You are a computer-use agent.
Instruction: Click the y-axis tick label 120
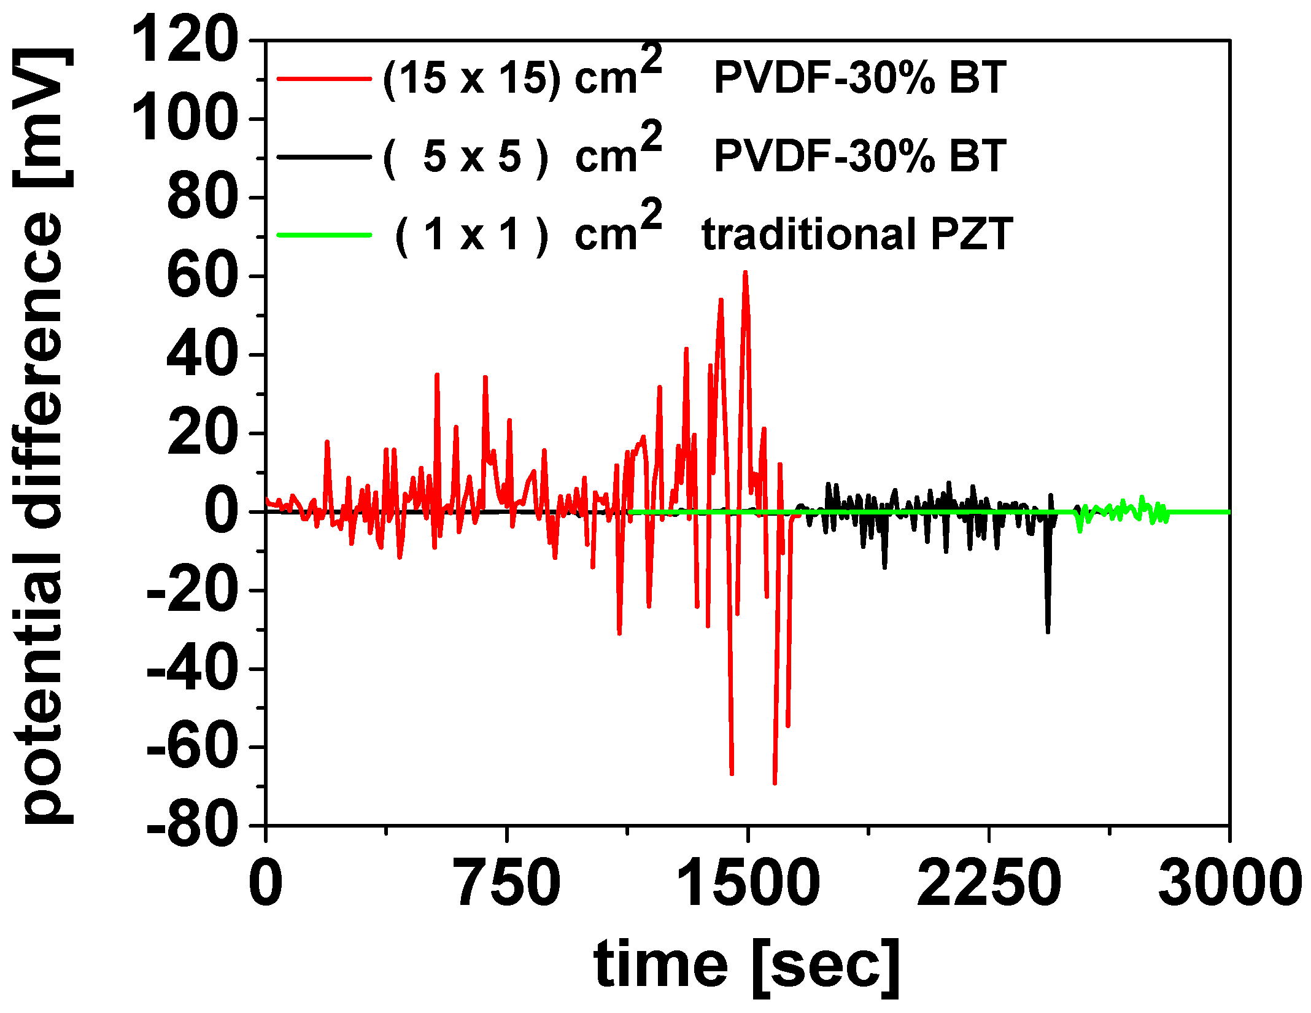click(x=185, y=41)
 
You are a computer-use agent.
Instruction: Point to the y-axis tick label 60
click(x=202, y=276)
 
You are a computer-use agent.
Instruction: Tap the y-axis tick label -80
click(x=193, y=826)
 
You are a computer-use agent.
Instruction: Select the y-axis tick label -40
click(x=193, y=669)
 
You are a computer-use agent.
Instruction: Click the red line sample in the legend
click(x=324, y=79)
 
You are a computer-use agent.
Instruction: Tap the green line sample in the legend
click(x=324, y=235)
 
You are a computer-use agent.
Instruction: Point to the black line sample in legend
click(x=324, y=157)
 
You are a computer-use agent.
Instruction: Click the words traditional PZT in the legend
click(x=857, y=235)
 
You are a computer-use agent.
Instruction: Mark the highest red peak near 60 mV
click(x=745, y=272)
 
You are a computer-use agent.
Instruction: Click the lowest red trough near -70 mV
click(x=775, y=783)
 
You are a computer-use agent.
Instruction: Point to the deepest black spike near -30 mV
click(x=1048, y=632)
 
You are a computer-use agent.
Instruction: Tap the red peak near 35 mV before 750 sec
click(x=437, y=375)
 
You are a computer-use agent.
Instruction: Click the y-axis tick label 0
click(x=221, y=512)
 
